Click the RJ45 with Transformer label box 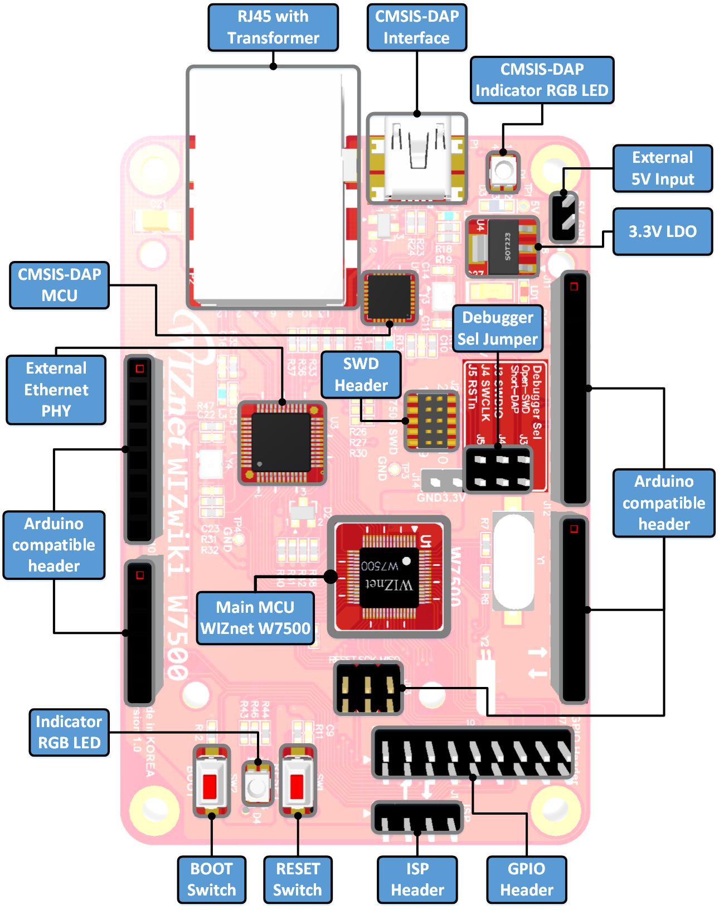point(273,27)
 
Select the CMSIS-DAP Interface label point(416,27)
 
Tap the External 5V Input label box point(662,168)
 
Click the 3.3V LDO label point(662,231)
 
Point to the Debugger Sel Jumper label point(497,328)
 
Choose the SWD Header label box point(361,374)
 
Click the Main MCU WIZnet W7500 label point(255,618)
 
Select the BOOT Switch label point(211,879)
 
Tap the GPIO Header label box point(526,879)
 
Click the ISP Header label point(417,879)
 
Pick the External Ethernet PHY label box point(56,389)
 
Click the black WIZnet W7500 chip point(388,577)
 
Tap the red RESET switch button point(297,786)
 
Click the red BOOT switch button point(210,786)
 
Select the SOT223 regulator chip point(504,246)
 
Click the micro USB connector point(417,158)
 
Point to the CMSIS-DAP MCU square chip point(390,298)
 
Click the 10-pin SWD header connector point(431,420)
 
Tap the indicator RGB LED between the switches point(257,786)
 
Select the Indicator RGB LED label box point(69,732)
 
